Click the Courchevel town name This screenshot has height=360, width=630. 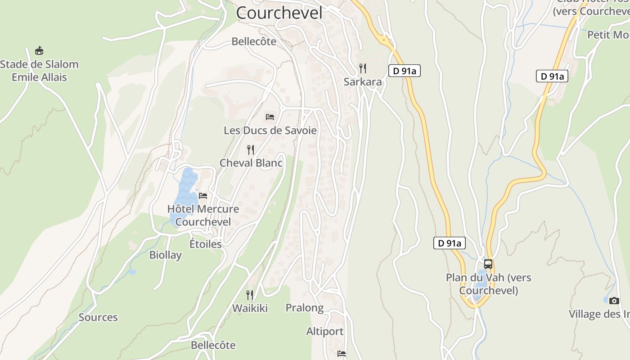tap(279, 13)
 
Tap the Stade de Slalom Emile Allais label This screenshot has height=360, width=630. tap(39, 71)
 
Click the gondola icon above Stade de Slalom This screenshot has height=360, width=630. tap(39, 50)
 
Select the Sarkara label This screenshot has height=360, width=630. tap(363, 81)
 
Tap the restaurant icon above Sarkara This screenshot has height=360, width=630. tap(363, 68)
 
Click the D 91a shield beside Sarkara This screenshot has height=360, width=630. tap(404, 71)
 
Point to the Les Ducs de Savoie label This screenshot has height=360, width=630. tap(270, 130)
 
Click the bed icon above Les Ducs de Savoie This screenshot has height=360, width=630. tap(270, 117)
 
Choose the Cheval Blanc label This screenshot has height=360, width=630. tap(251, 162)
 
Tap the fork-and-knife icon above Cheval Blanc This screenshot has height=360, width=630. tap(251, 149)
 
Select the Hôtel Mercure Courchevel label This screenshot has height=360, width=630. tap(203, 215)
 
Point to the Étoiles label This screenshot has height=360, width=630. tap(205, 244)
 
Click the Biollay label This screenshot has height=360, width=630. tap(166, 255)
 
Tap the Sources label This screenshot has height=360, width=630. tap(98, 317)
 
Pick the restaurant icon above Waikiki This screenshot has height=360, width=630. tap(250, 295)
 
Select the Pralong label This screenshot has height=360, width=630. tap(305, 308)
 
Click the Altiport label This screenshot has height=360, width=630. tap(325, 332)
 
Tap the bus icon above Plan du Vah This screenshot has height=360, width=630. tap(488, 264)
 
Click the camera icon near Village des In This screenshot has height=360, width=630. tap(614, 301)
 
